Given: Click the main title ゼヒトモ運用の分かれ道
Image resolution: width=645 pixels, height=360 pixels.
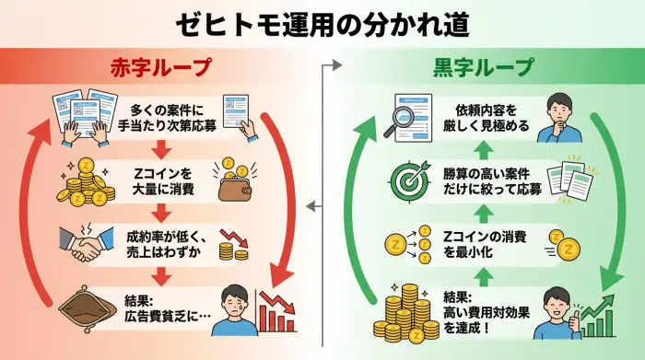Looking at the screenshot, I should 322,21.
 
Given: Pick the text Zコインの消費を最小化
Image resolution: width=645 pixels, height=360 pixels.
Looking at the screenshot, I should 483,244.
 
